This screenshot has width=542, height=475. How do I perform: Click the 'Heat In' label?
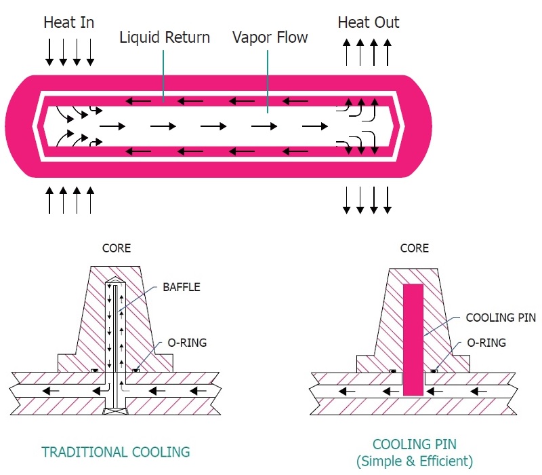[69, 22]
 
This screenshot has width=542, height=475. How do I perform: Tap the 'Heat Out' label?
[368, 22]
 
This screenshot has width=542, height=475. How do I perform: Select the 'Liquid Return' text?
[165, 37]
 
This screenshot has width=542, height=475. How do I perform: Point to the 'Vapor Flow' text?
[270, 37]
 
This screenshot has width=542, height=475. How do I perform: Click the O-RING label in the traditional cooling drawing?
[186, 343]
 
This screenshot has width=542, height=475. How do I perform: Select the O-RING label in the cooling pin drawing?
[486, 343]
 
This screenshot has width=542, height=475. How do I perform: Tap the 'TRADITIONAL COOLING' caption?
[115, 451]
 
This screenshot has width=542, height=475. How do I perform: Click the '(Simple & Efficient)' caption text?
[415, 461]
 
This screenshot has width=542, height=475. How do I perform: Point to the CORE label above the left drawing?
[116, 248]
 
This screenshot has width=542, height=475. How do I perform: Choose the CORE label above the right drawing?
[414, 248]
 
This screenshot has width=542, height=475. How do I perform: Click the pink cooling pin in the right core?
[413, 339]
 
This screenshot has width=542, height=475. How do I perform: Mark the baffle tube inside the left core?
[116, 332]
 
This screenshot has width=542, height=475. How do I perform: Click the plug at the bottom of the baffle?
[115, 411]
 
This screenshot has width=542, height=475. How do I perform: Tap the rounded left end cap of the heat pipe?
[20, 126]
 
